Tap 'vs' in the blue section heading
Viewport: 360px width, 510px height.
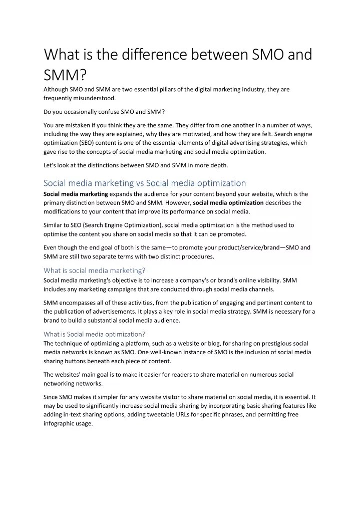click(139, 183)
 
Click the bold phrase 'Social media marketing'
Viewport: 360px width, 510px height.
click(76, 194)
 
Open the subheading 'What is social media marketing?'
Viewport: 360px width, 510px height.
click(95, 271)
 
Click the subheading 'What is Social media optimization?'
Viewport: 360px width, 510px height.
click(94, 334)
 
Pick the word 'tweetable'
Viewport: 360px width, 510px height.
click(146, 414)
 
